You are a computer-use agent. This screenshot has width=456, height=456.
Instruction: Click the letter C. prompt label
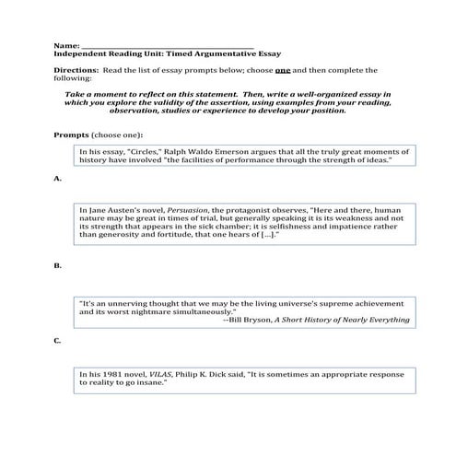click(57, 341)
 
